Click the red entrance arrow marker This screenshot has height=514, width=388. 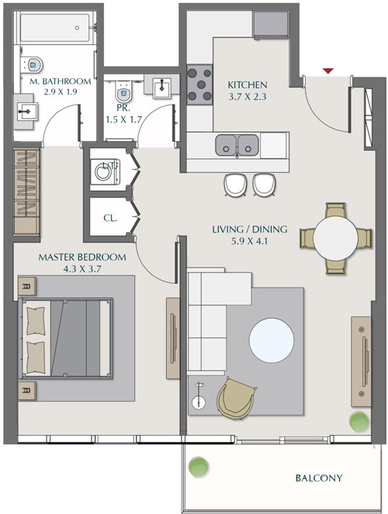tap(328, 71)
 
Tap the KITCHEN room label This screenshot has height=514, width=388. tap(248, 85)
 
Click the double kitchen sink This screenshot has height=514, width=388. tap(237, 144)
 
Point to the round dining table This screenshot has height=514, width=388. tap(336, 238)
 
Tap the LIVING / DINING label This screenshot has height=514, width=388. tap(250, 229)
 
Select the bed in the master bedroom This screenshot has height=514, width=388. tap(66, 338)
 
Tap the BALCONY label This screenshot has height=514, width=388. tap(318, 478)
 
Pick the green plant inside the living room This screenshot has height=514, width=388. tap(359, 423)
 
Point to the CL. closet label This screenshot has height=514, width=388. tap(109, 218)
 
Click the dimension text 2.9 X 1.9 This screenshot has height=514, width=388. tap(50, 92)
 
